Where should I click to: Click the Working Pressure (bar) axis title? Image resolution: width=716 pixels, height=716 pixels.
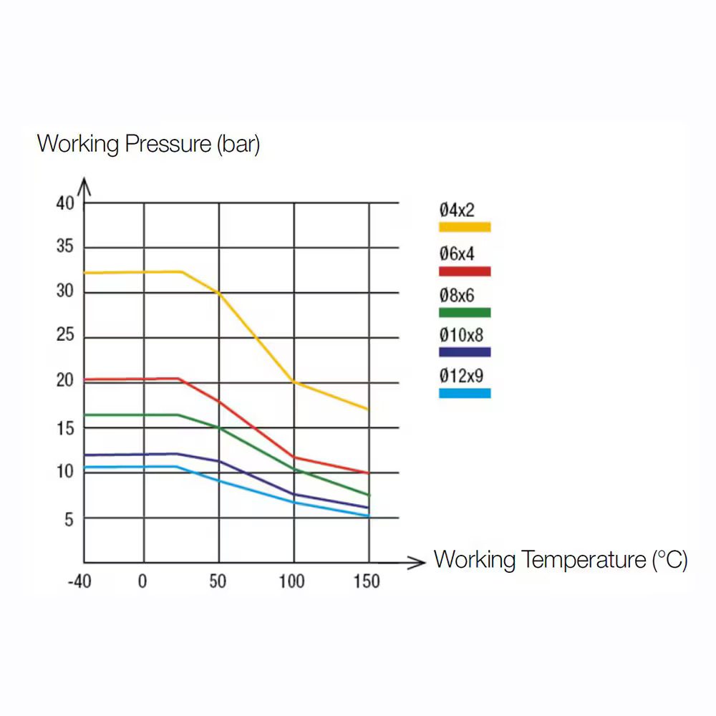(148, 144)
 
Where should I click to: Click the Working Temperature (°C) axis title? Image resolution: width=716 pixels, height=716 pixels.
(561, 559)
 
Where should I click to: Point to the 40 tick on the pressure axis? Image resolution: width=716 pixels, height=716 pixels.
(65, 203)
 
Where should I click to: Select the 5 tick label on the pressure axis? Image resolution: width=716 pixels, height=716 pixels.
(69, 520)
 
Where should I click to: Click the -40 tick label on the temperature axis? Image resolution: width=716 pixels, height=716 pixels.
(79, 581)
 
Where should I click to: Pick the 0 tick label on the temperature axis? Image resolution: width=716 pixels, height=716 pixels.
(142, 581)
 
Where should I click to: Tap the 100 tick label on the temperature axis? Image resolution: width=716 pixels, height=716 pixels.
(291, 581)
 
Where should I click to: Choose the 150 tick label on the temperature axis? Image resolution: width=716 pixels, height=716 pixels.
(367, 581)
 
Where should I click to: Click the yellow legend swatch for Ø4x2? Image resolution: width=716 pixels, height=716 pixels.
(465, 227)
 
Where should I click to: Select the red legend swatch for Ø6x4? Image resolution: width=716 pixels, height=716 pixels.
(465, 271)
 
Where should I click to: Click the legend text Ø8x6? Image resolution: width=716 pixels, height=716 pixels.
(457, 295)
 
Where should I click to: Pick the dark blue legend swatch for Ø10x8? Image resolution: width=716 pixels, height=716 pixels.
(465, 352)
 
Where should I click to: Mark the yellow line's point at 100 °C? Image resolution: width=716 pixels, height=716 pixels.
(294, 382)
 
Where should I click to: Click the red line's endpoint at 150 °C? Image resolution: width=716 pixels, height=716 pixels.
(369, 473)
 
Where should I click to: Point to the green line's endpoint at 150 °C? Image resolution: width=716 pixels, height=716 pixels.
(369, 495)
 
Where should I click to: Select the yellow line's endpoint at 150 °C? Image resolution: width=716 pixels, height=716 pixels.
(369, 410)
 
